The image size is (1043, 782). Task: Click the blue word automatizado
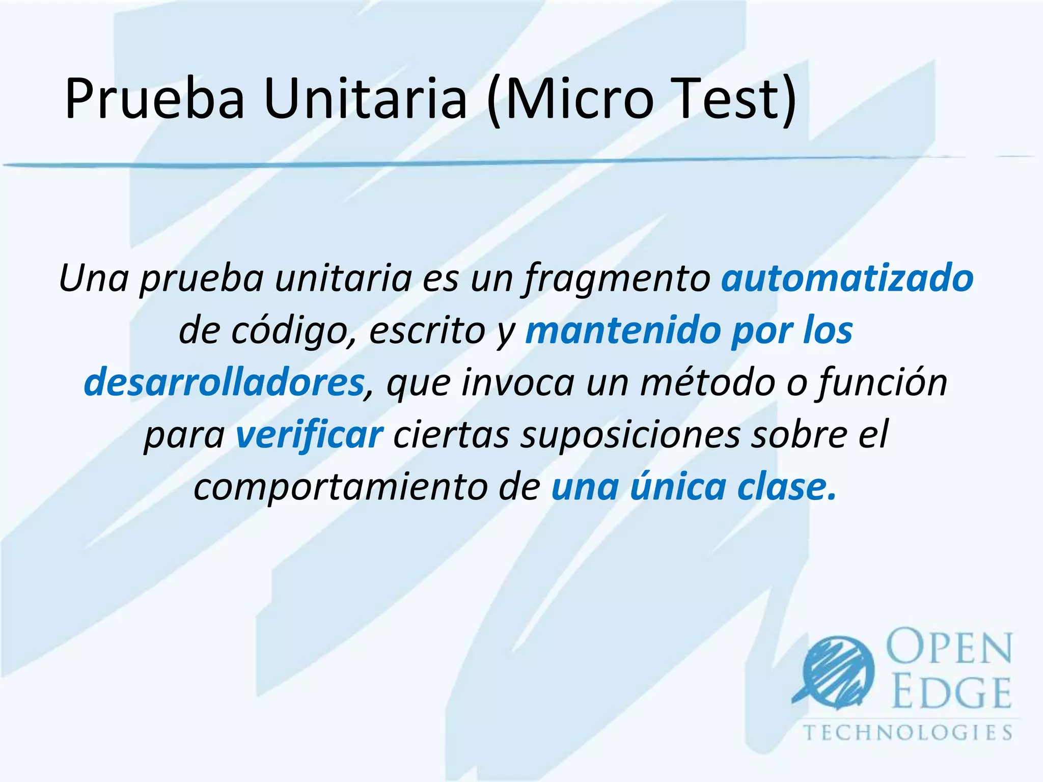[847, 279]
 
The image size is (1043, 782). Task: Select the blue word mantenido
[622, 331]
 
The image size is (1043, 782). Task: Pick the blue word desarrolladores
[224, 383]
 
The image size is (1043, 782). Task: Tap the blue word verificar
[309, 435]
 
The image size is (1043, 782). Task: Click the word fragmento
[617, 279]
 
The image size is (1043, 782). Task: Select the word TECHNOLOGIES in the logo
[908, 733]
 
